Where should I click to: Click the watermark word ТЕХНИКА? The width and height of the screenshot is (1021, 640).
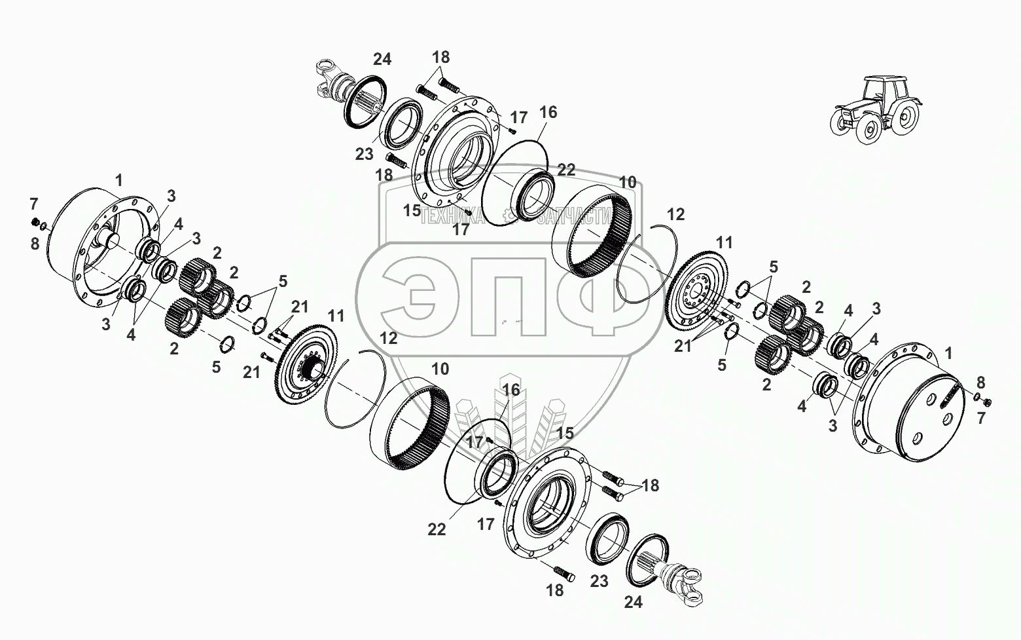pyautogui.click(x=452, y=216)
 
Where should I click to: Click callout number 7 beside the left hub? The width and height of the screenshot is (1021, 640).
pyautogui.click(x=34, y=204)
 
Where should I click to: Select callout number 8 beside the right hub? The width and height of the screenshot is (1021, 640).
pyautogui.click(x=980, y=383)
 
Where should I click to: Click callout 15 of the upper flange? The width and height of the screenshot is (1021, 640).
pyautogui.click(x=412, y=210)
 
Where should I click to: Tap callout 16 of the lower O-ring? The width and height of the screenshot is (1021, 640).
pyautogui.click(x=510, y=390)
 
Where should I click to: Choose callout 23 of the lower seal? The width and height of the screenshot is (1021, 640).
pyautogui.click(x=599, y=581)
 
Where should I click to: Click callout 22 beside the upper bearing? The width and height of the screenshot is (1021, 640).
pyautogui.click(x=566, y=170)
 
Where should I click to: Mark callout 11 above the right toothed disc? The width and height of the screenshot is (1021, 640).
pyautogui.click(x=724, y=242)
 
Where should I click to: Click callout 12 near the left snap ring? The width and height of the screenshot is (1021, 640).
pyautogui.click(x=388, y=338)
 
